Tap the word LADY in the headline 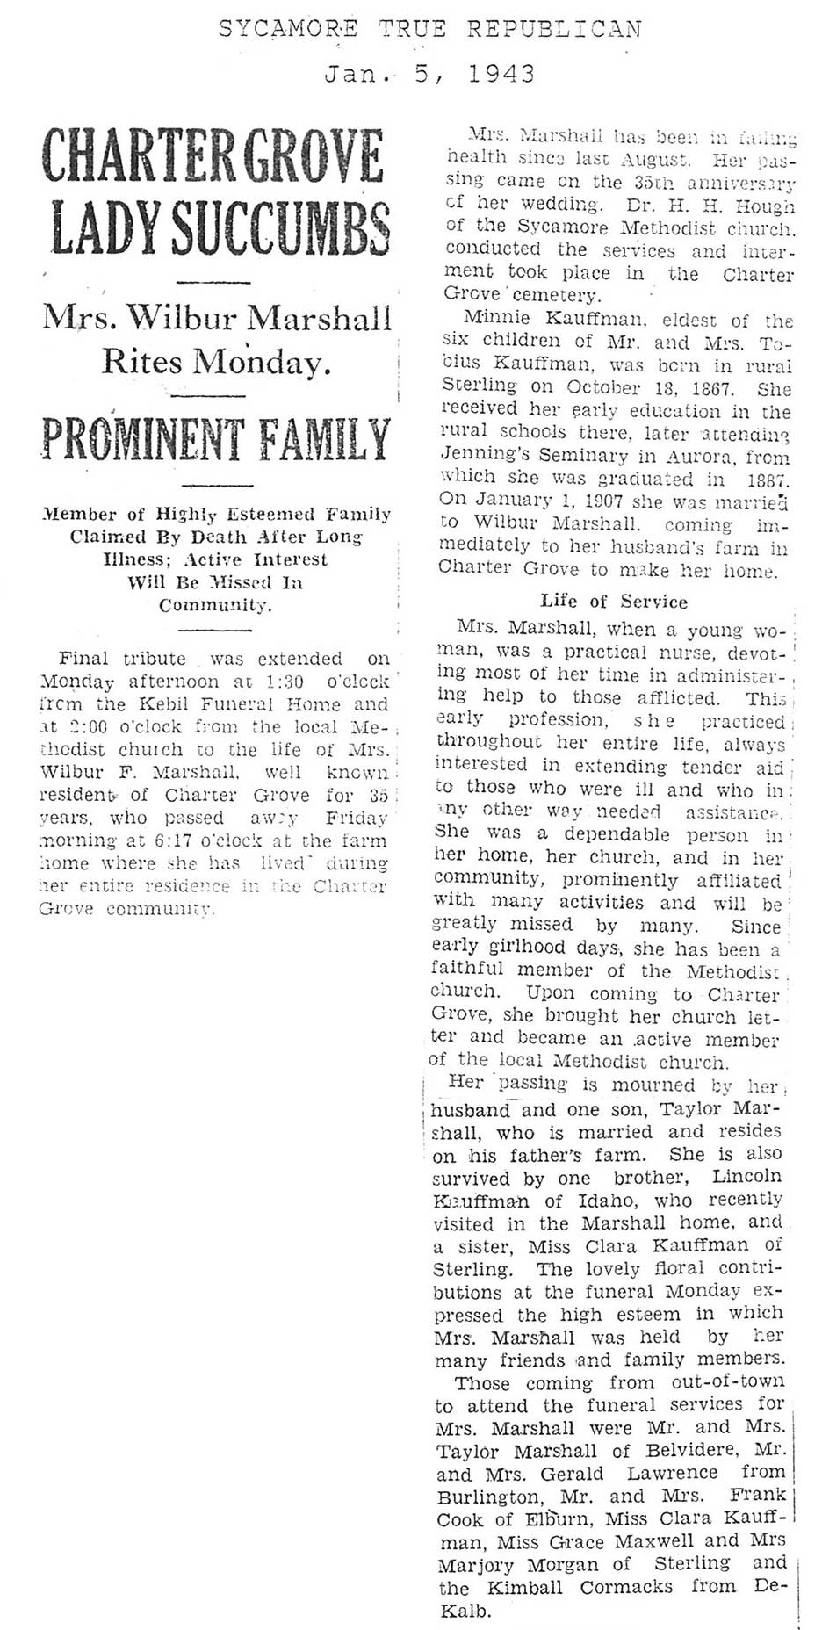tap(94, 227)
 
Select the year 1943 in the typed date tap(501, 74)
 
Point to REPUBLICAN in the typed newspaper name tap(554, 29)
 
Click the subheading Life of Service tap(614, 602)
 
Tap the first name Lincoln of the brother tap(746, 1176)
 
